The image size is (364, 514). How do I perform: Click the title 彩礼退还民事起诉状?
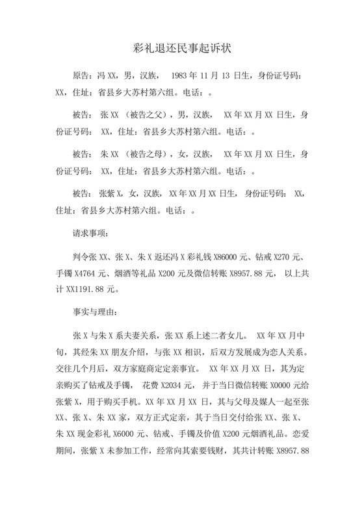[182, 49]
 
